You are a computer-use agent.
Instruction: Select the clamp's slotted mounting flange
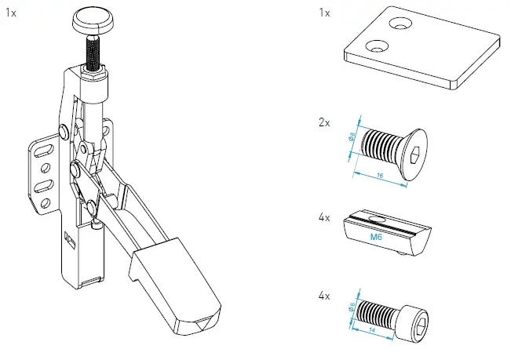[43, 176]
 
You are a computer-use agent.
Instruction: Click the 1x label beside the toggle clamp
[10, 13]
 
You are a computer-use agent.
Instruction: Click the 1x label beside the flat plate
[324, 13]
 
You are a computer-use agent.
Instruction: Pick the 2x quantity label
[324, 124]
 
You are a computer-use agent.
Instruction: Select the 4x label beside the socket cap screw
[324, 296]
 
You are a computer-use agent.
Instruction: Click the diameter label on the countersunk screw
[352, 136]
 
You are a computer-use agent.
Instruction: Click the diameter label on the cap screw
[352, 307]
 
